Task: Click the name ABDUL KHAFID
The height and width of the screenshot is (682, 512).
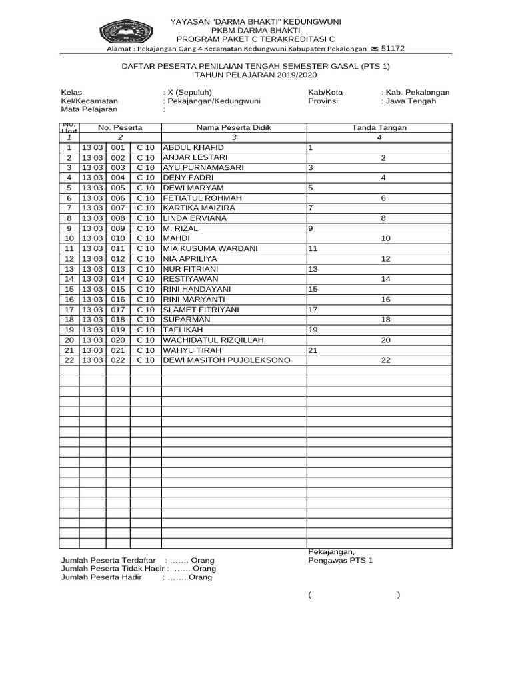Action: (x=189, y=147)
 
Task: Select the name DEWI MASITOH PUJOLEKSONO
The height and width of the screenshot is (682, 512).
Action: (x=227, y=360)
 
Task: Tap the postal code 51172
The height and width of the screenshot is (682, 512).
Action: (x=392, y=49)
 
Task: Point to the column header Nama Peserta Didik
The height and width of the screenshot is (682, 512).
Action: (x=233, y=127)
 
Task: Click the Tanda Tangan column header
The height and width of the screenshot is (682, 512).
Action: (x=379, y=127)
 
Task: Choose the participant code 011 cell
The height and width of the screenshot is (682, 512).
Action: (x=118, y=248)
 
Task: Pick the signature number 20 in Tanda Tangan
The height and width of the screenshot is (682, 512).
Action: (x=385, y=340)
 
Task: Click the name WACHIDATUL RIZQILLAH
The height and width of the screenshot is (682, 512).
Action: (x=213, y=340)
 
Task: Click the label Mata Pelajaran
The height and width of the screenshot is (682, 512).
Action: (x=89, y=109)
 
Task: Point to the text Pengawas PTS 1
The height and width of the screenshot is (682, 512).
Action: (x=341, y=561)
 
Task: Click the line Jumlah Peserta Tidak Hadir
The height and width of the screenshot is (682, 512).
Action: (x=138, y=569)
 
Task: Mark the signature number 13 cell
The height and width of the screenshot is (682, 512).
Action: (x=313, y=269)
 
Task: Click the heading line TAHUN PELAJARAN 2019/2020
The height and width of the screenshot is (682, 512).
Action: (x=255, y=75)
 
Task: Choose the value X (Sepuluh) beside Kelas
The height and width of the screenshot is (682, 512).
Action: (x=189, y=93)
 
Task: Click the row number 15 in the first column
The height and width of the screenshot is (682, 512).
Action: (x=69, y=289)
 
